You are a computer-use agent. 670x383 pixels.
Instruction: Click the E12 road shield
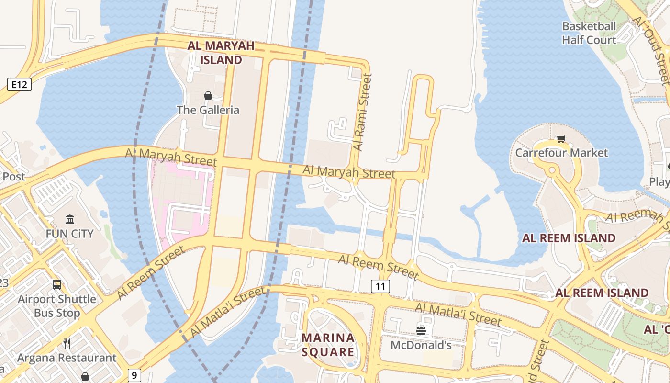(19, 85)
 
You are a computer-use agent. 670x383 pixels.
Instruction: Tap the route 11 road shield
(380, 286)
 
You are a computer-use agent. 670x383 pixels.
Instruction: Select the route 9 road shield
(134, 375)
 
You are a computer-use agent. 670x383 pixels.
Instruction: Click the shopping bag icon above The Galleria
(208, 96)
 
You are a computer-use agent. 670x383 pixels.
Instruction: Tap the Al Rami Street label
(362, 112)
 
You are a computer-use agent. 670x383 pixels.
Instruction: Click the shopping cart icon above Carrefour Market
(561, 139)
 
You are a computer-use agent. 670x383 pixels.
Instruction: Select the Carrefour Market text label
(561, 153)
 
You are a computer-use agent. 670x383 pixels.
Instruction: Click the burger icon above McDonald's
(421, 330)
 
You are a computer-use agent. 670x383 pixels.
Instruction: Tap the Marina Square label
(328, 345)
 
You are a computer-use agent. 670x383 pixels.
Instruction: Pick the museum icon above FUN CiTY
(70, 220)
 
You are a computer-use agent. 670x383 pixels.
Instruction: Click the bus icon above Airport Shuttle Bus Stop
(57, 285)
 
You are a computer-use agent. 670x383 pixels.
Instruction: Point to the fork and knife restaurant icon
(67, 343)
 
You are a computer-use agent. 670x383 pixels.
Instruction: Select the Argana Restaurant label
(67, 358)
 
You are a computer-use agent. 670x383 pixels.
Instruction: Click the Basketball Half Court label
(589, 33)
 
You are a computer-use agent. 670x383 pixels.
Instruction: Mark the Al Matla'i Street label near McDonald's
(458, 314)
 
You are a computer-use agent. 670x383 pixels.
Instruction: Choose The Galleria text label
(208, 110)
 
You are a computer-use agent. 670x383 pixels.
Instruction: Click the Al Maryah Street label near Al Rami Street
(349, 172)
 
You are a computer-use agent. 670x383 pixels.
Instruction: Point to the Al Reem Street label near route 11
(378, 267)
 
